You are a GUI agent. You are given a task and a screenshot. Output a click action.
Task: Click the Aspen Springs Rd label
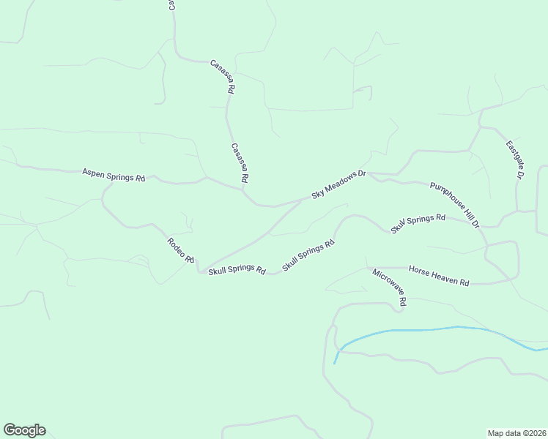point(114,175)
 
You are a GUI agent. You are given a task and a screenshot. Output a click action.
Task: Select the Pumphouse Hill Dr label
point(455,203)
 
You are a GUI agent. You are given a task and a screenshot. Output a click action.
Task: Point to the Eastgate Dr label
point(515,160)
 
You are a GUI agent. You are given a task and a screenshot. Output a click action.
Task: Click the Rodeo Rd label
point(180,250)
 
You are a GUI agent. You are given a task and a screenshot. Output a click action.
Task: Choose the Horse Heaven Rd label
point(438,275)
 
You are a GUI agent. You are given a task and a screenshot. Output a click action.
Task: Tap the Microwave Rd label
point(389,287)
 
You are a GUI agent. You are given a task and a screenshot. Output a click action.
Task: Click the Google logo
point(24,430)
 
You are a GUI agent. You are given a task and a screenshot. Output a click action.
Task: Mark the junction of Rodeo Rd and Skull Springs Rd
point(199,269)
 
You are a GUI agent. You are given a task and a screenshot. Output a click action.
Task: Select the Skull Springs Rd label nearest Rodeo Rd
point(237,270)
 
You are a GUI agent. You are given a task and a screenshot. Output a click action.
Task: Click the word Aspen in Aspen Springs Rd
point(93,173)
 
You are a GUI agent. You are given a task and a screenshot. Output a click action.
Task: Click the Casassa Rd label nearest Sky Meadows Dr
point(240,162)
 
